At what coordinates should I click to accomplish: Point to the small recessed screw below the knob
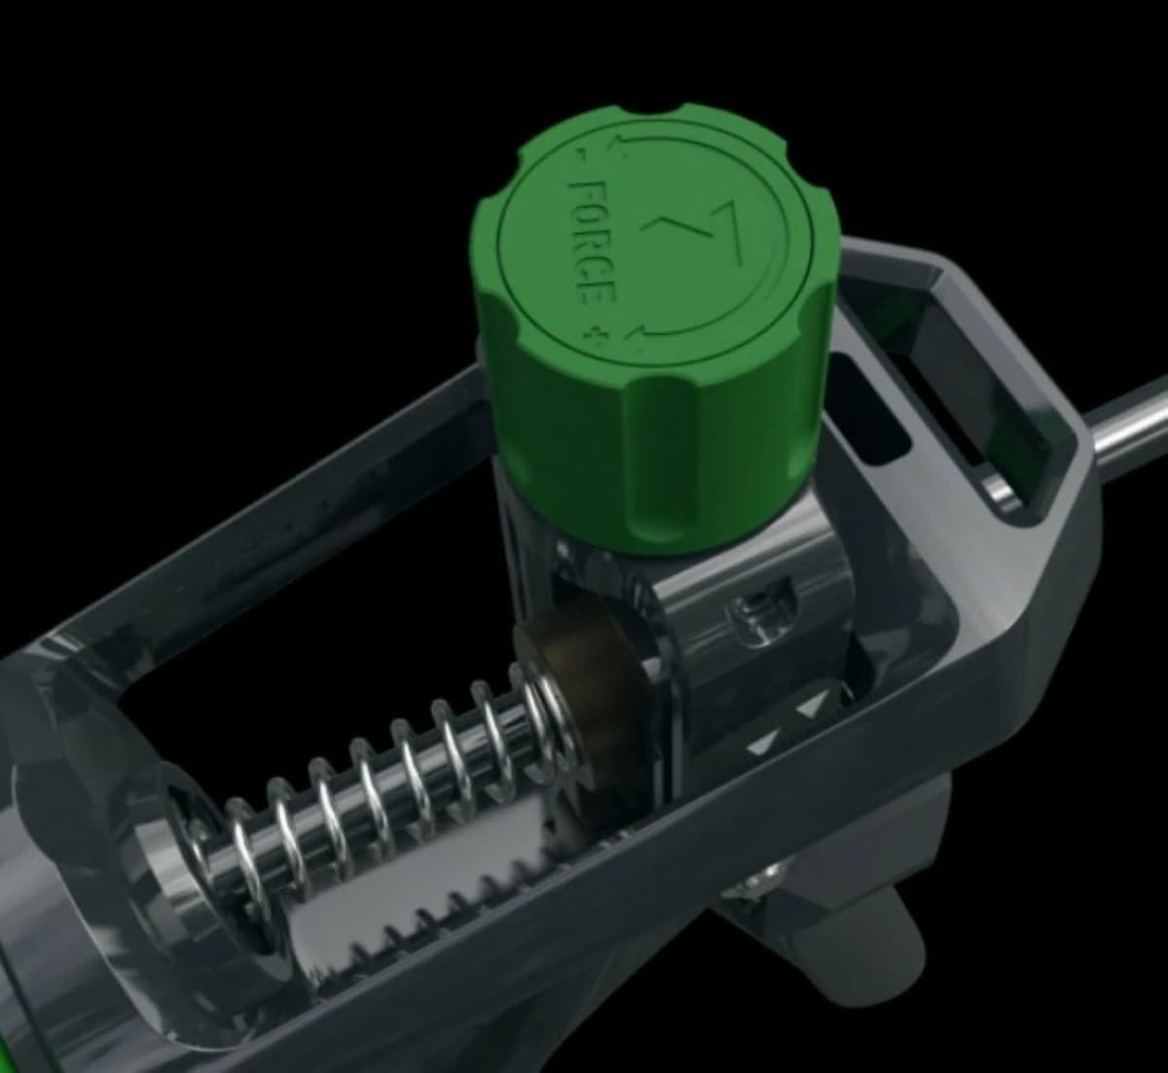click(750, 613)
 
